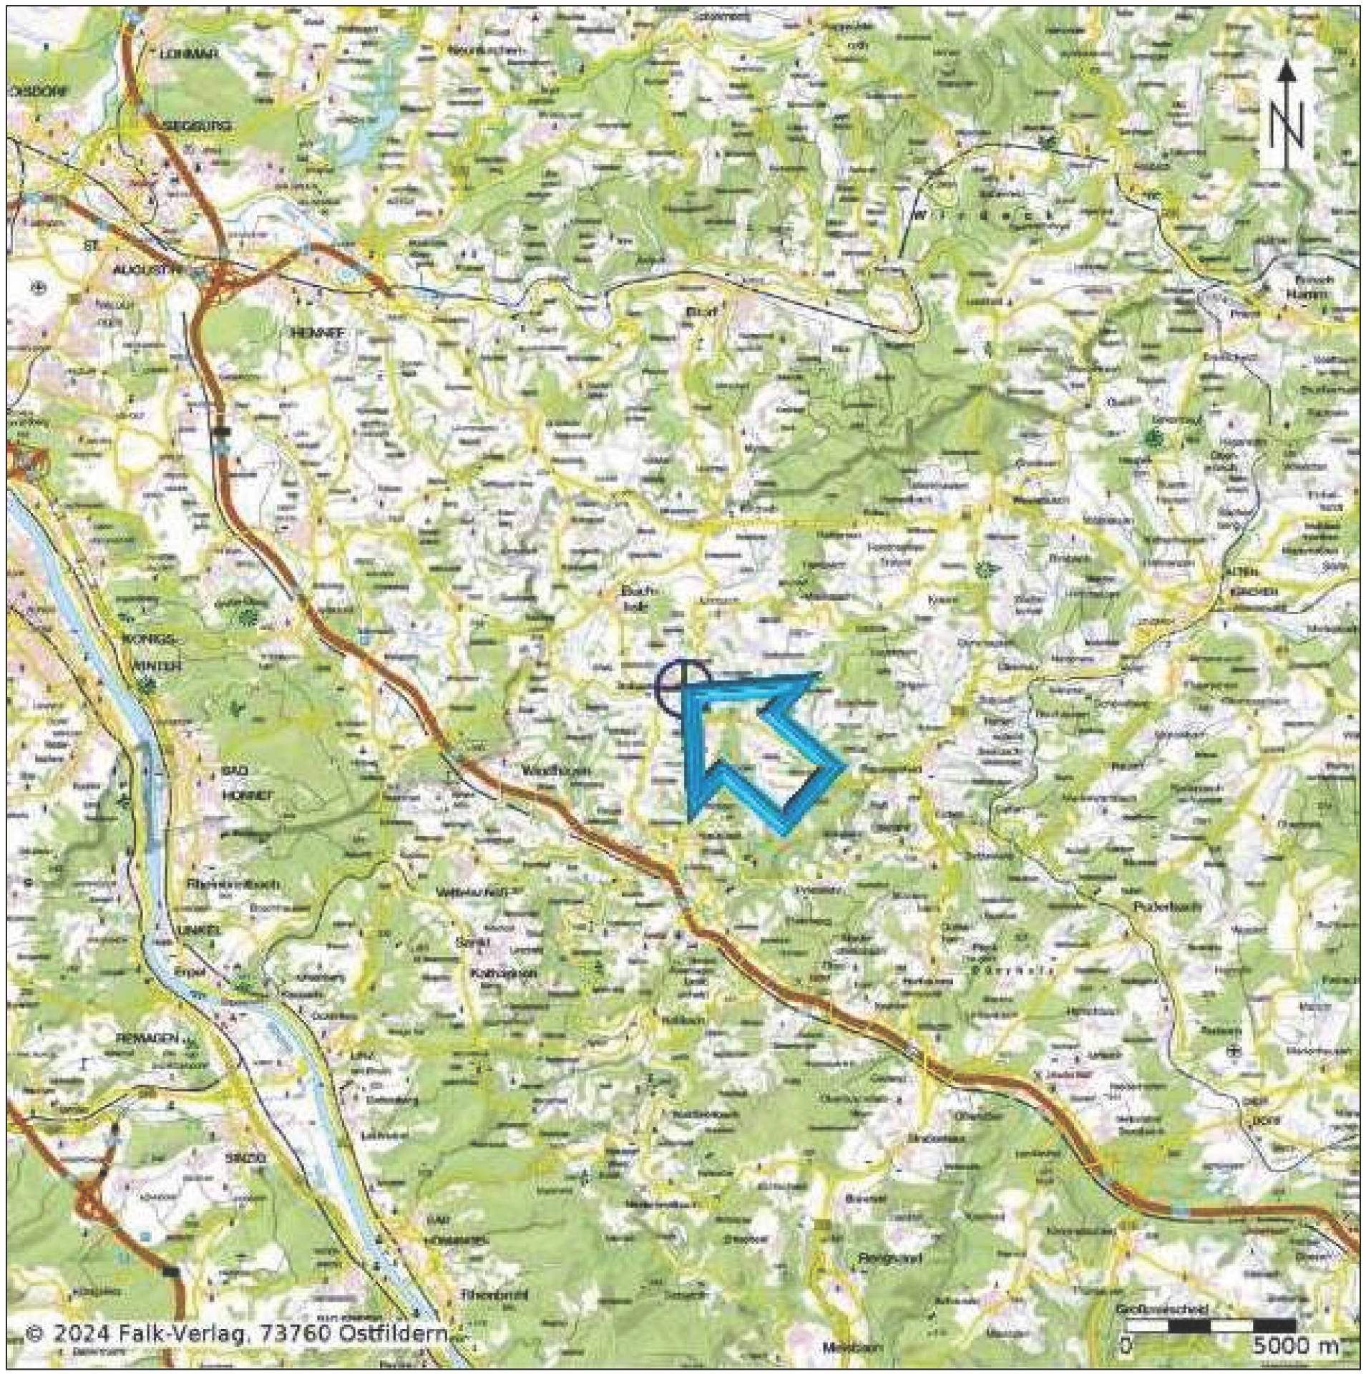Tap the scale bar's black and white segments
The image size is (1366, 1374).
(x=1209, y=1326)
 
